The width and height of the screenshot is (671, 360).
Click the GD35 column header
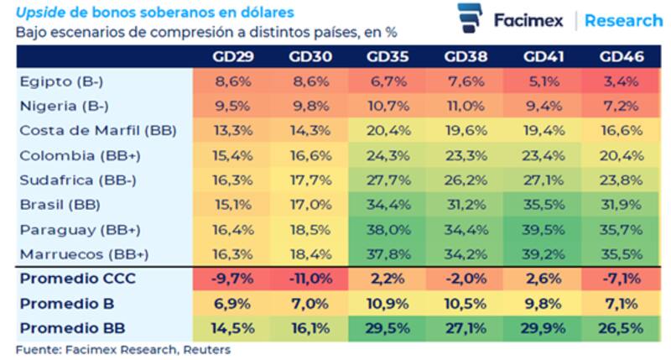click(388, 57)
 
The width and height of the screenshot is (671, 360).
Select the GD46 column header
click(622, 57)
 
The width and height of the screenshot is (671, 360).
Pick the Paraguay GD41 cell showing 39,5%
click(544, 228)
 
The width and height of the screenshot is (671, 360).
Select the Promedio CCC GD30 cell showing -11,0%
click(310, 278)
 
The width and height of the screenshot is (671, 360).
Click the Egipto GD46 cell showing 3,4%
click(622, 82)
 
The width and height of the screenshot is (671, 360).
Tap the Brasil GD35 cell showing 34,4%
click(388, 204)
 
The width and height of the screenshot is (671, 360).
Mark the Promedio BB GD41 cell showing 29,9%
click(544, 327)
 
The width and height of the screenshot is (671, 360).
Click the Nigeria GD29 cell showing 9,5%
click(232, 107)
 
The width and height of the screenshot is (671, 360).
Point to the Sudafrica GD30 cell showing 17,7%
click(310, 180)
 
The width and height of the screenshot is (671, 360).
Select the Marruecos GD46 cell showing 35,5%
click(622, 253)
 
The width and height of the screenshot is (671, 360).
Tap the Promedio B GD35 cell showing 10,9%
click(388, 303)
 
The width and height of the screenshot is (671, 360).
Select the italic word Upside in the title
click(38, 12)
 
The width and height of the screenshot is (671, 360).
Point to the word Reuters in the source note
click(208, 349)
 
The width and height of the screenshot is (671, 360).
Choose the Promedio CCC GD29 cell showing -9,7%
click(232, 278)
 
